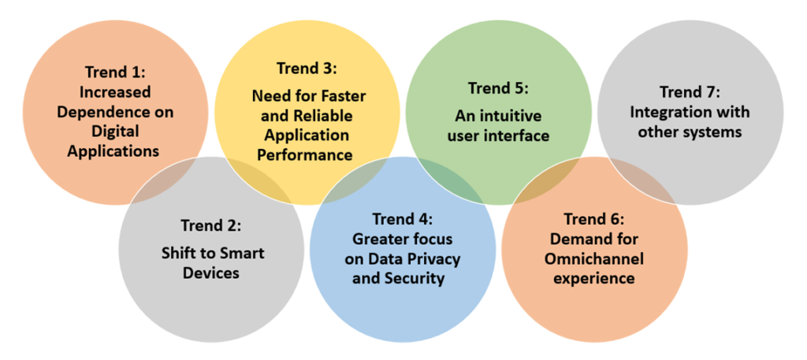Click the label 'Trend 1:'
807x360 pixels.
[x=115, y=72]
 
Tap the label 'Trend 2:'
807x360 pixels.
[x=211, y=225]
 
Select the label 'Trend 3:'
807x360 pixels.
[x=307, y=68]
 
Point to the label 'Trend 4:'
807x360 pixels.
[x=403, y=220]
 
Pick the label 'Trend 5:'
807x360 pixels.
[x=498, y=88]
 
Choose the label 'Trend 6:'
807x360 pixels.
[x=594, y=220]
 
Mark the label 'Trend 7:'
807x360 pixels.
[x=690, y=92]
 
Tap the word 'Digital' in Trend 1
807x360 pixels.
[x=115, y=131]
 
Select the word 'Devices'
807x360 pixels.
[x=211, y=273]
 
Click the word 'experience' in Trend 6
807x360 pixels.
[x=594, y=279]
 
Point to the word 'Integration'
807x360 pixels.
[x=665, y=112]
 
